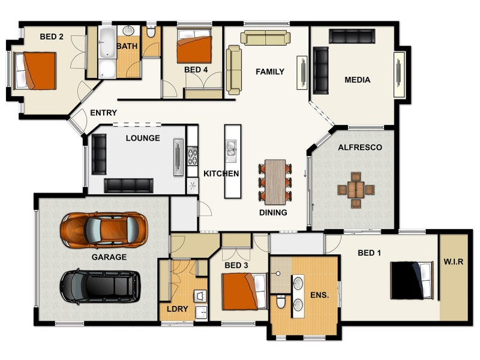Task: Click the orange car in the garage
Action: (x=104, y=229)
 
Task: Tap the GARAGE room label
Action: (x=109, y=257)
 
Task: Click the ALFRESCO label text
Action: (x=360, y=147)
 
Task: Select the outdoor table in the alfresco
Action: (x=356, y=190)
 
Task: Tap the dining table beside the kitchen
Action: (x=275, y=182)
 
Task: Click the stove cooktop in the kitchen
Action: (x=193, y=157)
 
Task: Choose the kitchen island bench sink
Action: (x=232, y=148)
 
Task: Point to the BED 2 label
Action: (x=52, y=37)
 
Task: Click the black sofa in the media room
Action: (x=321, y=71)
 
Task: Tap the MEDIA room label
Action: (x=357, y=80)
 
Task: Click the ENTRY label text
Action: (x=103, y=113)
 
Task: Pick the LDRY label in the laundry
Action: (x=178, y=309)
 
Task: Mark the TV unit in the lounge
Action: (x=178, y=158)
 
